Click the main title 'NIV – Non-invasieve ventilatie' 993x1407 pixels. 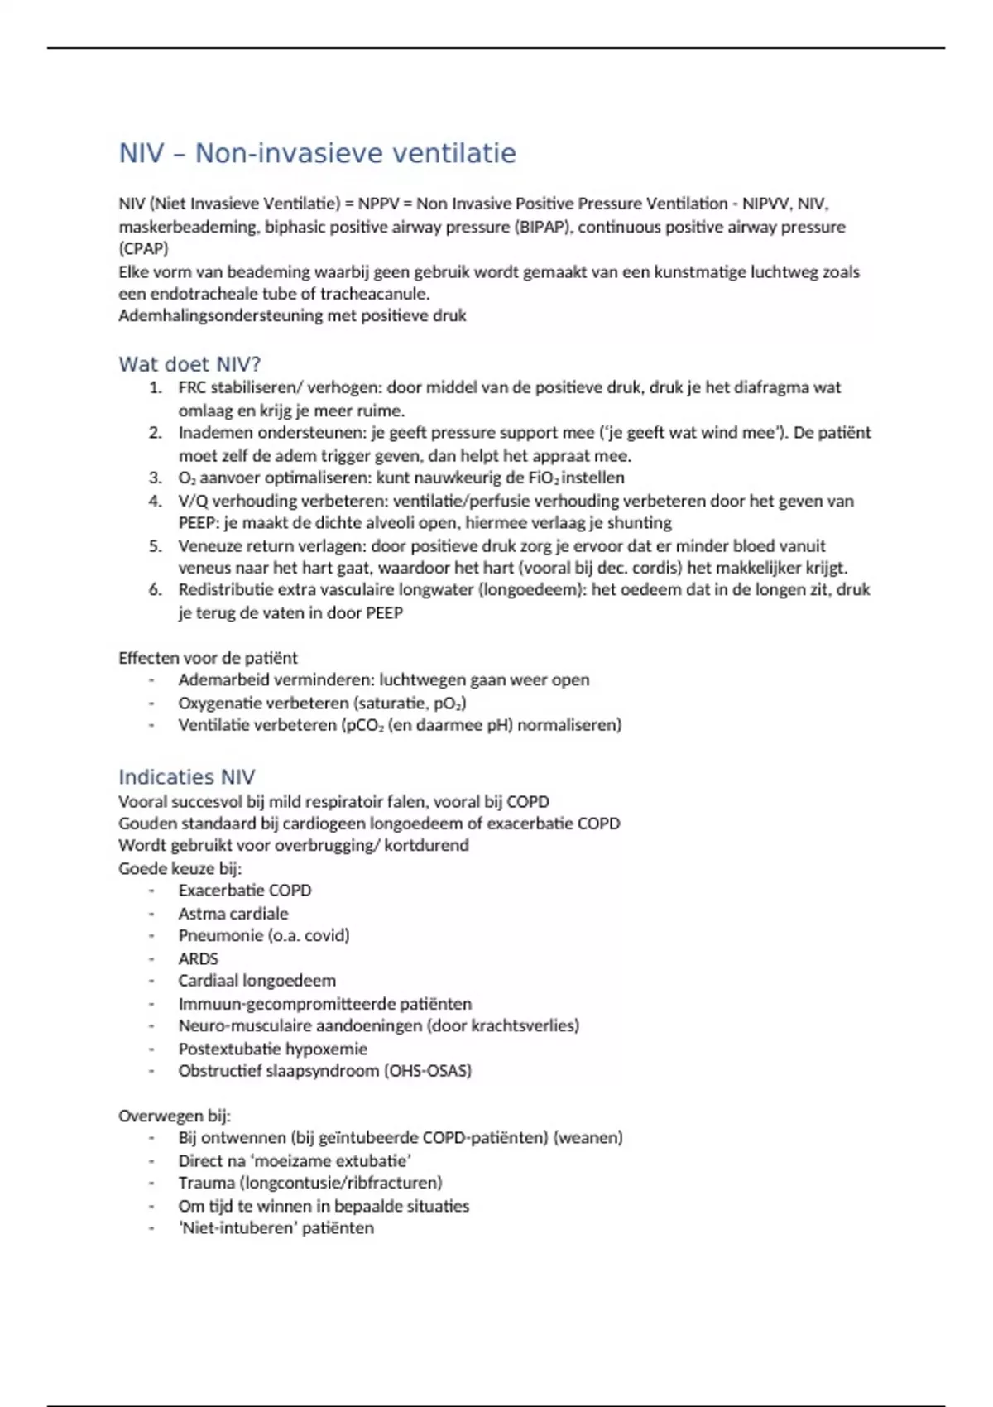pos(317,153)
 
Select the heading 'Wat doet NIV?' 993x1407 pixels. pos(189,364)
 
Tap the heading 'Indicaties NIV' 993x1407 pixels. pos(186,777)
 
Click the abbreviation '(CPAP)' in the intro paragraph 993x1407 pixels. pos(143,248)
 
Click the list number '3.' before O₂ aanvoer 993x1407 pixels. pos(156,478)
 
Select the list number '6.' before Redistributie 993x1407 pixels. pos(156,590)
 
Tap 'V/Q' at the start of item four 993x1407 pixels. pos(191,501)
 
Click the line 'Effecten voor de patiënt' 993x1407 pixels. pos(208,658)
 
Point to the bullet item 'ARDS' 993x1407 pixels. pos(199,958)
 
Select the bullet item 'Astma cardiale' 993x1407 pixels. pos(233,914)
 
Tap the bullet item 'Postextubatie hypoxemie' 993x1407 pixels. pos(272,1049)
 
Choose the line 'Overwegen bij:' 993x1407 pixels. pos(174,1116)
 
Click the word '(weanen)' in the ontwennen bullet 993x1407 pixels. pos(588,1138)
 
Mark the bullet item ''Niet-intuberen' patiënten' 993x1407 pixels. pos(276,1228)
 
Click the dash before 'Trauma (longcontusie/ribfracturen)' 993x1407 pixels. pos(152,1183)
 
